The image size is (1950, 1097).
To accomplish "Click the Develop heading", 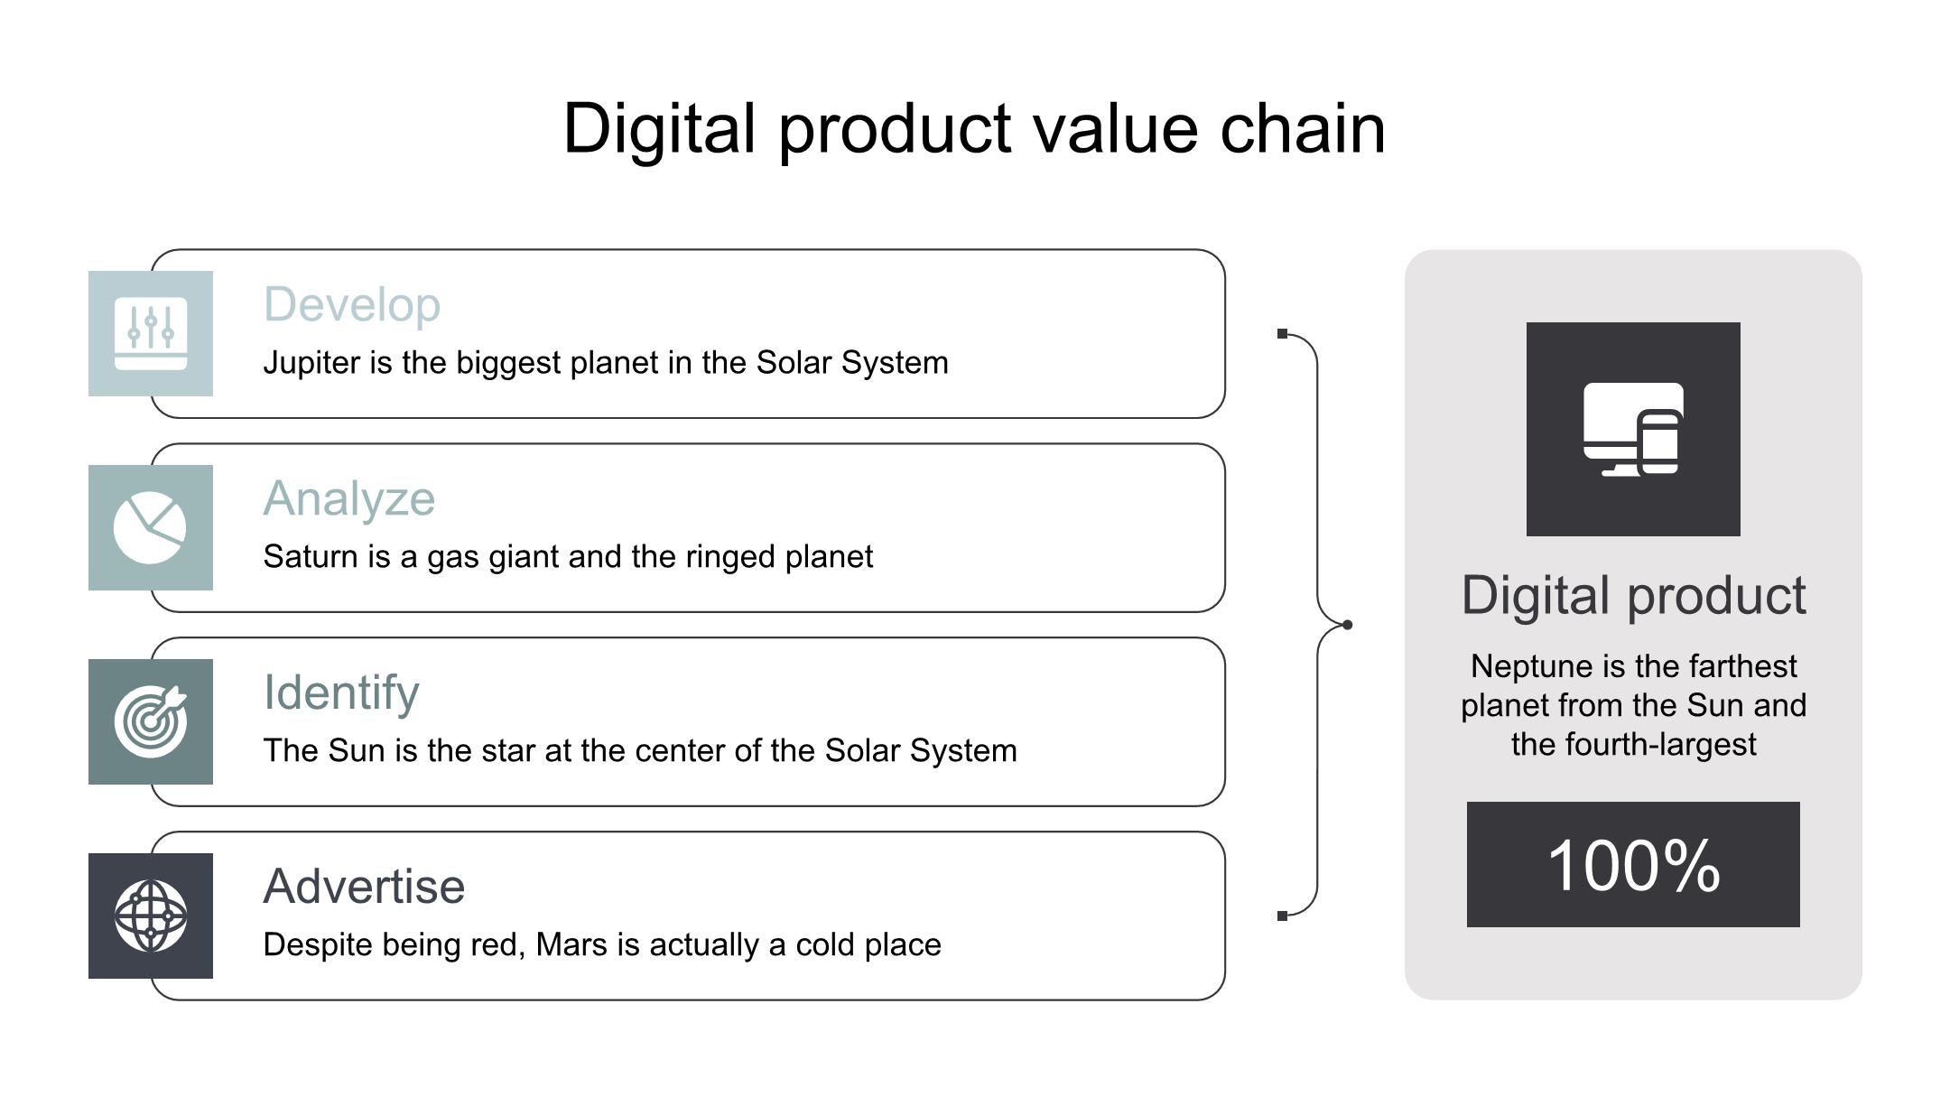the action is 352,305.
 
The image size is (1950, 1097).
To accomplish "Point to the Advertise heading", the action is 364,887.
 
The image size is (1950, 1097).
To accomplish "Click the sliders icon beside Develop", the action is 151,333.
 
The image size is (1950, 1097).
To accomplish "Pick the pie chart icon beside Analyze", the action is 150,528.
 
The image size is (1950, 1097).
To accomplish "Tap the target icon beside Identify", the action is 151,721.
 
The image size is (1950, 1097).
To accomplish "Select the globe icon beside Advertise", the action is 151,916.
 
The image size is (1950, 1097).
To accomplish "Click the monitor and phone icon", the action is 1633,429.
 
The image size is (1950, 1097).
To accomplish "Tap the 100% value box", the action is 1633,864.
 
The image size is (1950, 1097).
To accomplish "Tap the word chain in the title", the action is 1303,129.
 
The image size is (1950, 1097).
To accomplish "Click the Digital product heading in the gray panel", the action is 1634,596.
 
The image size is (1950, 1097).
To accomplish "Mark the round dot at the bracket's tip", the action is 1347,625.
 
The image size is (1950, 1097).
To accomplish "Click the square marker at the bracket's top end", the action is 1283,334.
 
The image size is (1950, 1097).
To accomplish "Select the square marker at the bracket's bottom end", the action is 1283,916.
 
